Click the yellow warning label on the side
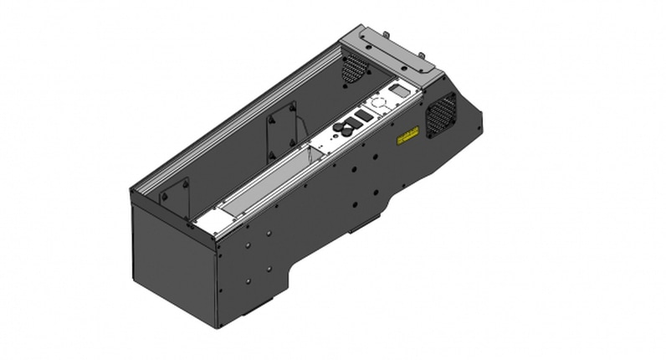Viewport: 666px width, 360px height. tap(407, 135)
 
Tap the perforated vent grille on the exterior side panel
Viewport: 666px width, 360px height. tap(442, 115)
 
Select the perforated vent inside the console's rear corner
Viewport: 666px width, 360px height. tap(355, 67)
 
